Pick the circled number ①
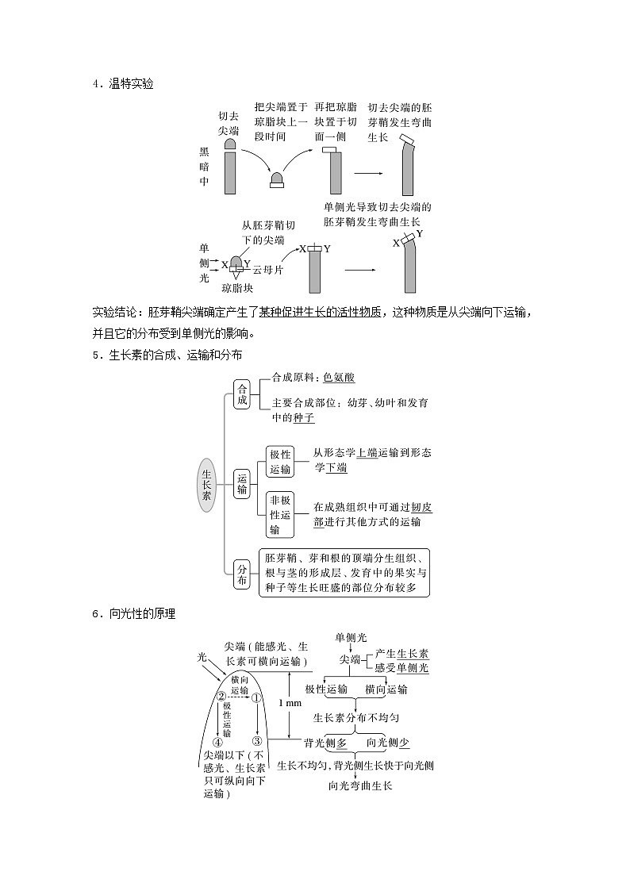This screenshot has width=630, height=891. click(x=256, y=698)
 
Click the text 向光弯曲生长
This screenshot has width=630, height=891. click(x=360, y=785)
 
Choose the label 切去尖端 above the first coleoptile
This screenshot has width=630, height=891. click(x=229, y=123)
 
